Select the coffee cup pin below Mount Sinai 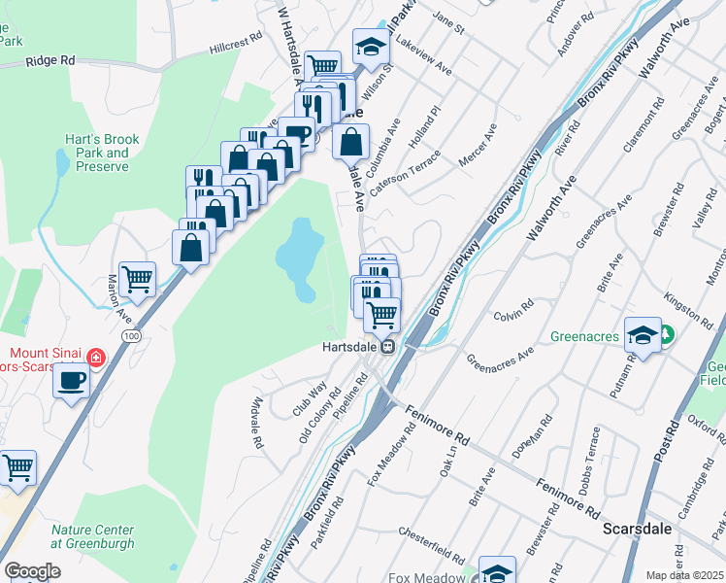[71, 380]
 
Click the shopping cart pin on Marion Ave [138, 279]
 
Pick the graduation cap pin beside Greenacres [643, 334]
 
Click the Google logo [32, 570]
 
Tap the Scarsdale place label [632, 531]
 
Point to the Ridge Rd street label [50, 60]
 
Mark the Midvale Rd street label [256, 425]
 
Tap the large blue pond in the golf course [301, 257]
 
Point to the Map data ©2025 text [684, 575]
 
